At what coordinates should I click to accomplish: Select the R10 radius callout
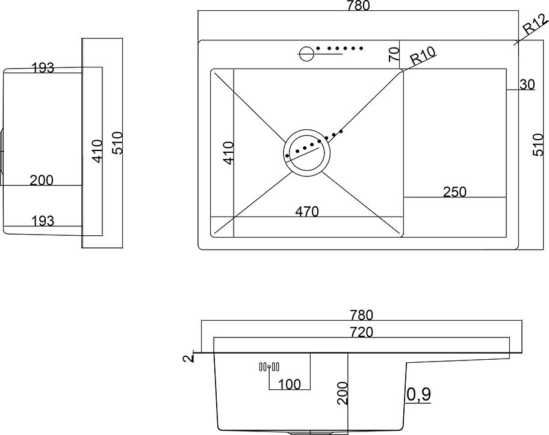tap(423, 59)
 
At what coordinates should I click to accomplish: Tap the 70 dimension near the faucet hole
tap(394, 54)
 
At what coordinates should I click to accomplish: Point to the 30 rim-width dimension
tap(526, 85)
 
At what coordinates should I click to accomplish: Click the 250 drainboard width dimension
tap(454, 192)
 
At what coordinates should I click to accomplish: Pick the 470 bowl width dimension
tap(306, 211)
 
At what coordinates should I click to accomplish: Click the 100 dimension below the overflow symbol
tap(289, 383)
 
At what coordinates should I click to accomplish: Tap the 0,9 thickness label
tap(418, 394)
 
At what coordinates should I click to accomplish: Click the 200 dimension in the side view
tap(42, 179)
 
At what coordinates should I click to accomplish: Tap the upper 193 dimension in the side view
tap(43, 68)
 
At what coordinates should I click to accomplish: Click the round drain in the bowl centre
tap(306, 152)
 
